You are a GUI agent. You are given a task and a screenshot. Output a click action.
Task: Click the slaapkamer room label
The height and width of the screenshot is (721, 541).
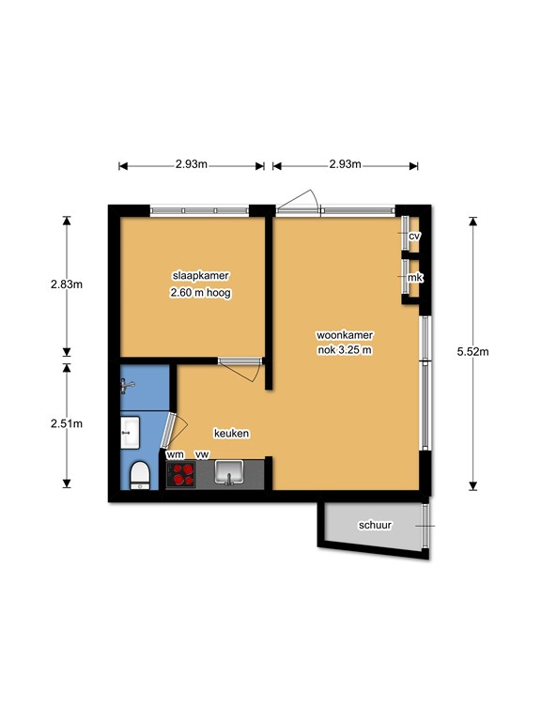point(200,276)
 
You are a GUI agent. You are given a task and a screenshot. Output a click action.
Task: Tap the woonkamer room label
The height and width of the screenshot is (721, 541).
point(345,335)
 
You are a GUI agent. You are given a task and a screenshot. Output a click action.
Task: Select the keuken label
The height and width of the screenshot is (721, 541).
point(231,433)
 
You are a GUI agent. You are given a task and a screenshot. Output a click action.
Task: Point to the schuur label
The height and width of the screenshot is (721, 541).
point(375,525)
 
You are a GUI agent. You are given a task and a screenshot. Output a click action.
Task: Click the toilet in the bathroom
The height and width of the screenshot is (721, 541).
point(140,475)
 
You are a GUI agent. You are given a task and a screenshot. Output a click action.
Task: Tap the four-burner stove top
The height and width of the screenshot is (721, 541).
point(181,474)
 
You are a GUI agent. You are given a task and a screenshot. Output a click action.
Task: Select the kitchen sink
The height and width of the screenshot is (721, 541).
point(229,473)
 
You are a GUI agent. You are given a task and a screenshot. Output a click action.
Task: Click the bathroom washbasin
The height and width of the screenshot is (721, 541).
point(130,432)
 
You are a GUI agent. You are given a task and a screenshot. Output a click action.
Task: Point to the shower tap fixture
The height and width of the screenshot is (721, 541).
point(127,385)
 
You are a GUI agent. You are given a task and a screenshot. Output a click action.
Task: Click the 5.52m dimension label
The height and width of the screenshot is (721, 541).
point(473,352)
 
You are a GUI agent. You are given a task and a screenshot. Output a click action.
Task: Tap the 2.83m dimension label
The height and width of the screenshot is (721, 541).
point(67,284)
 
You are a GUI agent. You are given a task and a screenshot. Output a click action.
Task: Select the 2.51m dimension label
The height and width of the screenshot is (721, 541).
point(67,423)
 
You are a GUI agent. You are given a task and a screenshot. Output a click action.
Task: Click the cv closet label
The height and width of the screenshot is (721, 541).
point(414,236)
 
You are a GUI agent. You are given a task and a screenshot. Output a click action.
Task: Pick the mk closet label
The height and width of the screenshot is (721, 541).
point(415,278)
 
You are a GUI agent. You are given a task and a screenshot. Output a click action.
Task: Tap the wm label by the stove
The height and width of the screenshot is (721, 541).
point(176,454)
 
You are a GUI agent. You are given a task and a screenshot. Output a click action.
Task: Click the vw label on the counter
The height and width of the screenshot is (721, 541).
point(202,454)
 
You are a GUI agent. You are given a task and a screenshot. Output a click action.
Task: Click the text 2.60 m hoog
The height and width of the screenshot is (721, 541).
point(200,293)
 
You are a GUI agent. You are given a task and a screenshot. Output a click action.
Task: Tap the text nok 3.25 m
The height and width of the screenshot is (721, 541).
point(345,350)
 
